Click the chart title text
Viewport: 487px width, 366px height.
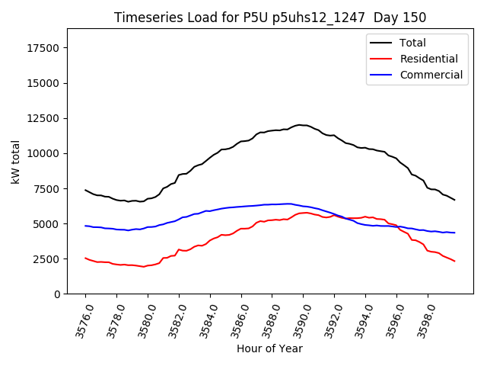[x=270, y=18]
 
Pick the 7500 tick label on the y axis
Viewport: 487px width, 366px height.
[x=47, y=189]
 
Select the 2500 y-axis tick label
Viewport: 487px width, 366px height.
[x=47, y=259]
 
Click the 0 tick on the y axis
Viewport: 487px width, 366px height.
[x=57, y=294]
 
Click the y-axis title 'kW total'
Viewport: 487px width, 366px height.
[x=16, y=161]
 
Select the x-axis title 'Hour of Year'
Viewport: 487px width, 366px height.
[x=269, y=348]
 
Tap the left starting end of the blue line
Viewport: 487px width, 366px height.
[x=85, y=226]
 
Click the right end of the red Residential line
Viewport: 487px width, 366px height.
[x=455, y=262]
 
